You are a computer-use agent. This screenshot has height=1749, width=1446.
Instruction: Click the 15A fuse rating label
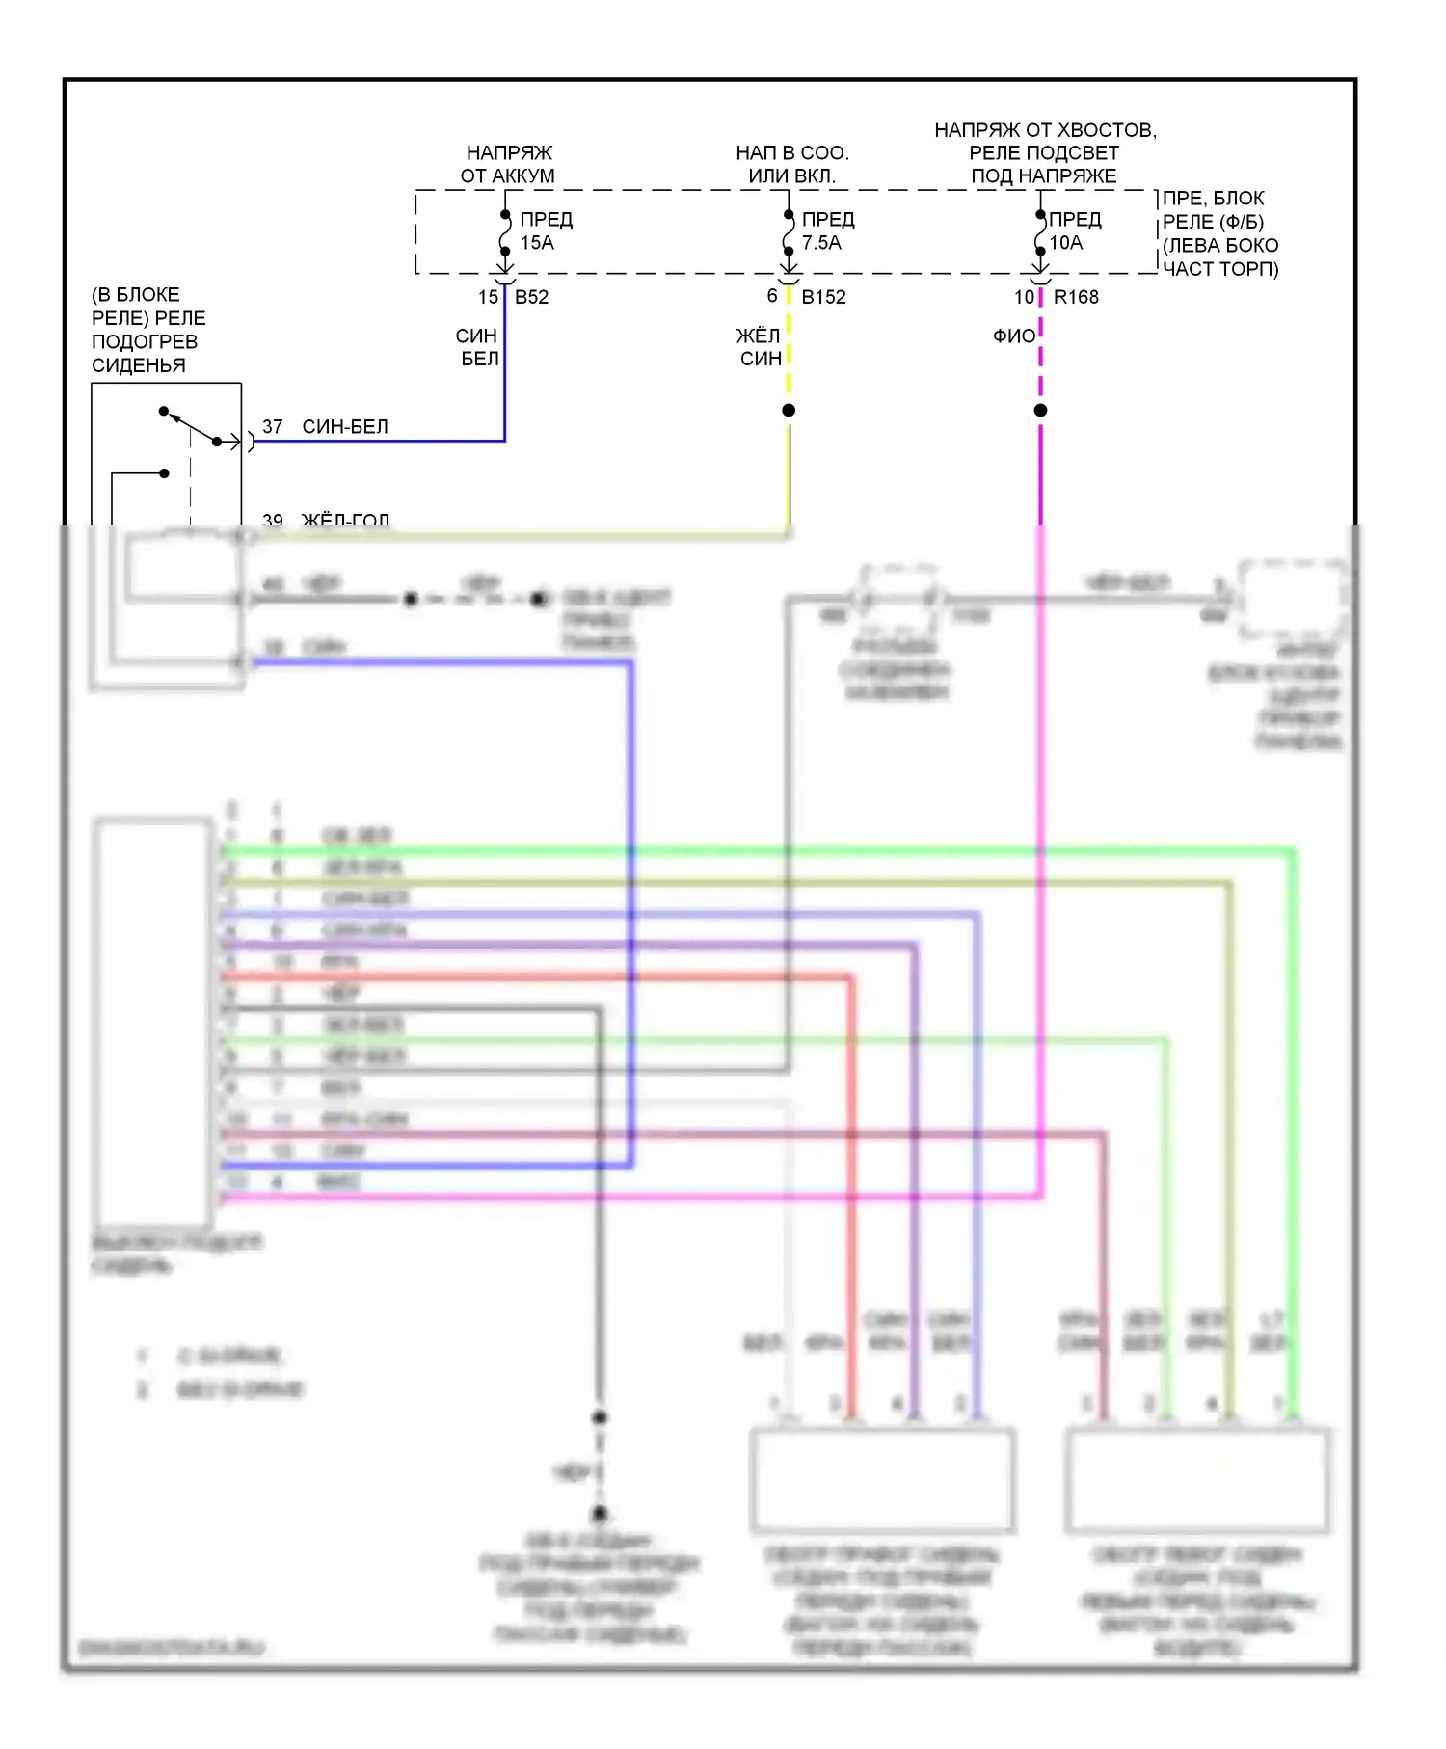[537, 243]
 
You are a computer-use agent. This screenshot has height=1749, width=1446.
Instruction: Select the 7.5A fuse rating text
[821, 243]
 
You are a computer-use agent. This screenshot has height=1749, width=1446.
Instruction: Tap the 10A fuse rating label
[1065, 243]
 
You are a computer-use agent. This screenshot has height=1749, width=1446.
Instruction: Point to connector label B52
[531, 297]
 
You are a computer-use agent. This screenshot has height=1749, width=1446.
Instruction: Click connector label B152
[823, 297]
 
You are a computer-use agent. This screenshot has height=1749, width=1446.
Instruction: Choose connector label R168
[1076, 297]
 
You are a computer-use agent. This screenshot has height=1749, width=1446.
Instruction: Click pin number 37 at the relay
[273, 426]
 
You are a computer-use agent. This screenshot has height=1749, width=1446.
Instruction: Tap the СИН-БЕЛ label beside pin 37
[345, 426]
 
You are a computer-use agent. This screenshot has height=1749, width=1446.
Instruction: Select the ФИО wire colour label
[1014, 336]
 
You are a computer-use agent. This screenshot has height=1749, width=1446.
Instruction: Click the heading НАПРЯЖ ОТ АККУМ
[508, 164]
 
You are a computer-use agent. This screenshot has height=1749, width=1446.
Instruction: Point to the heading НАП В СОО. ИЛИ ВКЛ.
[791, 164]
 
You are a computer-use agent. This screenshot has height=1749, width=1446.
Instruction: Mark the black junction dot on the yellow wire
[789, 411]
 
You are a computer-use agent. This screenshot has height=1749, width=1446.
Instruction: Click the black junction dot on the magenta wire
[1040, 411]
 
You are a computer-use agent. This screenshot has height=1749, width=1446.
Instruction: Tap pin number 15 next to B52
[488, 297]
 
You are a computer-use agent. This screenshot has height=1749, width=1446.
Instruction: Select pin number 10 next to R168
[1024, 297]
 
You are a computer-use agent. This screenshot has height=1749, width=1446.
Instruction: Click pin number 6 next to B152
[772, 296]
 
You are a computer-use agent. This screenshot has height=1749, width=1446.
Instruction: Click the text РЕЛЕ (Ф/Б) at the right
[1213, 222]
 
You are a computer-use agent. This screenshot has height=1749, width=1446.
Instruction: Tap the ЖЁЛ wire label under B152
[758, 336]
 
